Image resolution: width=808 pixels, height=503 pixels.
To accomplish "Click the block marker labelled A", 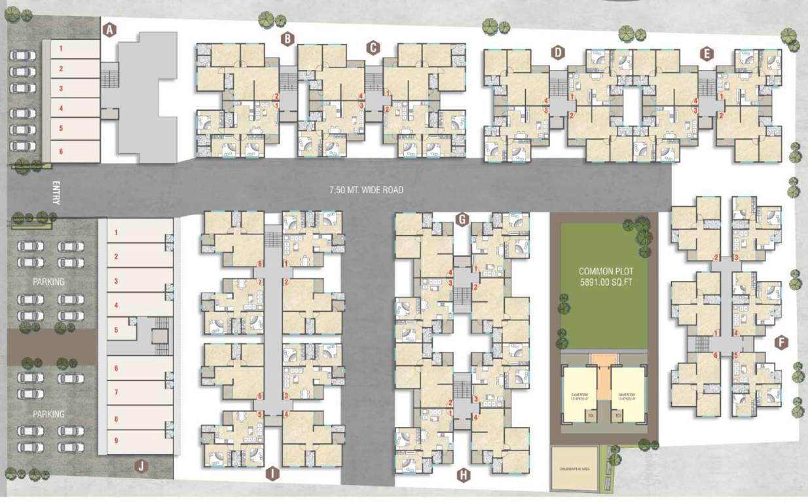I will (x=110, y=29).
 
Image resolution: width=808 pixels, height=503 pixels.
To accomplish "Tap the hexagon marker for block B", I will (x=287, y=39).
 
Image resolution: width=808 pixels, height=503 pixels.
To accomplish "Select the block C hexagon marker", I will (x=373, y=47).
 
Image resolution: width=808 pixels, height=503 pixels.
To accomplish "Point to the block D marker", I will (x=558, y=52).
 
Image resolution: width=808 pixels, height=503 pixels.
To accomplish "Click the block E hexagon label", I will (x=706, y=54).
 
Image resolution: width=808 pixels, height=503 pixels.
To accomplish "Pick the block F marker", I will (x=779, y=343).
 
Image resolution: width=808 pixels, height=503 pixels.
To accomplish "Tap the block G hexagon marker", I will (x=462, y=219).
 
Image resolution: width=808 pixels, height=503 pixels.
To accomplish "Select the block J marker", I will (x=139, y=466).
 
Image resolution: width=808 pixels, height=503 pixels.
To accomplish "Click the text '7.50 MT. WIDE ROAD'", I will (x=366, y=190).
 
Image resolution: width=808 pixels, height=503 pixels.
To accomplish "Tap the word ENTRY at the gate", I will (x=56, y=193).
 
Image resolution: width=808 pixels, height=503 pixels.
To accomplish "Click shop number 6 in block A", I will (x=60, y=151).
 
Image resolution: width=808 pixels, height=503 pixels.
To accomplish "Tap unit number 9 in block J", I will (x=116, y=440).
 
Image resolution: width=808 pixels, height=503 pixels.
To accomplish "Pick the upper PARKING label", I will (x=49, y=282).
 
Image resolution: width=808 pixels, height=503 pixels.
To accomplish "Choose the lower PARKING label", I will (x=49, y=414).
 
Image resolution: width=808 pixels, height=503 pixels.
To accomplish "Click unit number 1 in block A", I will (x=60, y=48).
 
